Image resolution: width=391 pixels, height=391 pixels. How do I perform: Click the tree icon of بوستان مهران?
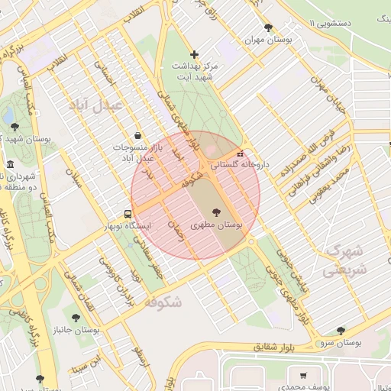pos(268,27)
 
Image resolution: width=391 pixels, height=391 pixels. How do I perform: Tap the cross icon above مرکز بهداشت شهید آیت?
pos(195,54)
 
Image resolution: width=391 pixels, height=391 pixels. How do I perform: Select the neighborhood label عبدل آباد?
pos(95,105)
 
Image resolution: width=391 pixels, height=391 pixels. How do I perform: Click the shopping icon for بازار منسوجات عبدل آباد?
pos(137,134)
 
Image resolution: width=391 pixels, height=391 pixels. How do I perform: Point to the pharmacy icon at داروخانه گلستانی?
pos(241,152)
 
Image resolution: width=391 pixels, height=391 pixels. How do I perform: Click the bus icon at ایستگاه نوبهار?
pos(128,214)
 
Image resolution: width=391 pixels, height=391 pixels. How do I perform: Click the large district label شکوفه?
pos(162,302)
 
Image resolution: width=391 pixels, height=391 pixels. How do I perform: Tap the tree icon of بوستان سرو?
pos(341,330)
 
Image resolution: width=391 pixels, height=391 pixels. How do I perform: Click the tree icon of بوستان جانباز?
pos(75,317)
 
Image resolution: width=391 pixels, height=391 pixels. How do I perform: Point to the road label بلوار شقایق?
pos(272,348)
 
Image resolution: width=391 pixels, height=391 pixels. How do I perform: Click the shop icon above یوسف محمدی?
pos(304,376)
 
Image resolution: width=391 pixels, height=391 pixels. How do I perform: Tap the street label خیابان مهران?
pos(328,92)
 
